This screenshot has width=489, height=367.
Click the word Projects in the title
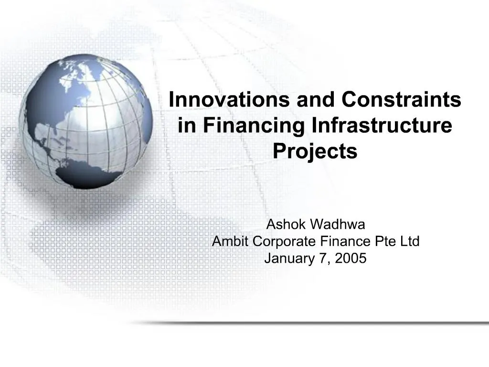(315, 151)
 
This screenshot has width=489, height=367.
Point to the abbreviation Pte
(386, 242)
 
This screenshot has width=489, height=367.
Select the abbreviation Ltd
(410, 242)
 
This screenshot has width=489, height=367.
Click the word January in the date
(287, 259)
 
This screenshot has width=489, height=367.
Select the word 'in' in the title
(185, 125)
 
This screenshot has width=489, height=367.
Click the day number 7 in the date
(325, 259)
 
